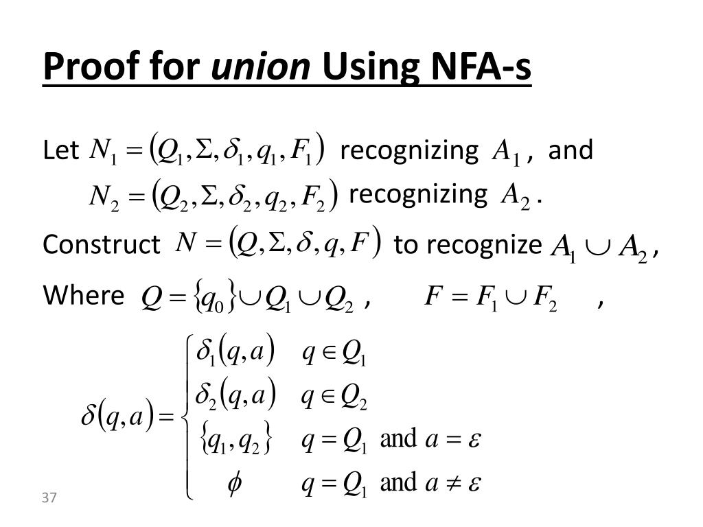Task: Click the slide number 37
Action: pyautogui.click(x=48, y=497)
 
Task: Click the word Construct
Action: pyautogui.click(x=101, y=244)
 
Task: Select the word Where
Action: pyautogui.click(x=83, y=296)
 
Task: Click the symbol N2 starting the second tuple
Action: pyautogui.click(x=104, y=197)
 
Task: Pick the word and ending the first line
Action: pyautogui.click(x=571, y=150)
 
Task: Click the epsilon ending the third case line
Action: pyautogui.click(x=473, y=440)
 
